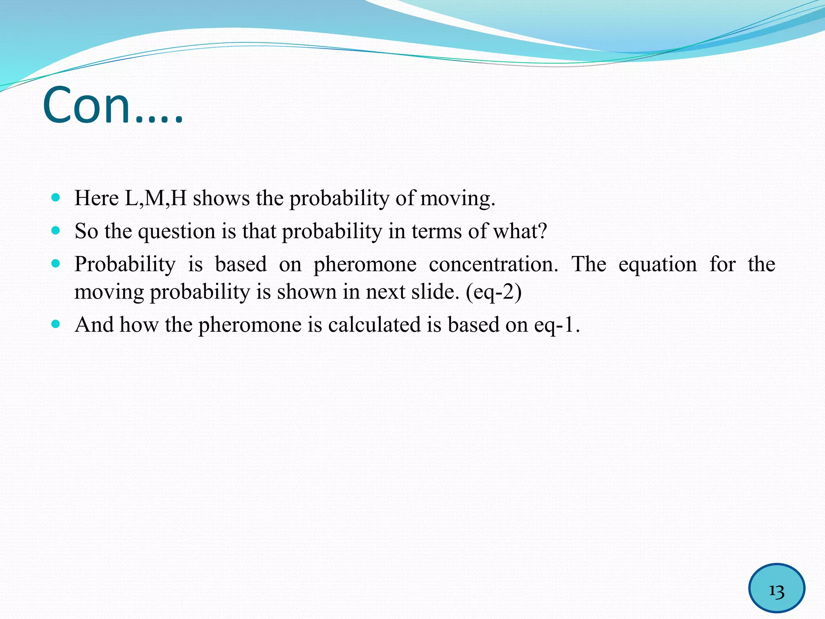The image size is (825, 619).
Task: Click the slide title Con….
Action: (x=113, y=106)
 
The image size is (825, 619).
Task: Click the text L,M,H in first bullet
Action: (x=155, y=198)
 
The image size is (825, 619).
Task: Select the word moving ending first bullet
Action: (x=457, y=198)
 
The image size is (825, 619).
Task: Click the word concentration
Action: (x=493, y=265)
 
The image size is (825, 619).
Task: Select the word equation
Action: (x=657, y=265)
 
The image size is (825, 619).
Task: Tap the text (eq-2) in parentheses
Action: (x=493, y=292)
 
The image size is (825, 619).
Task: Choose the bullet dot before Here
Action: (x=56, y=197)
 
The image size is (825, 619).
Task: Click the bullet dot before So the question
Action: (x=56, y=231)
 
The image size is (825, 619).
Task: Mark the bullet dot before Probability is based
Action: (x=56, y=264)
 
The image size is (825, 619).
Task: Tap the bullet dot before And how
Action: (x=56, y=324)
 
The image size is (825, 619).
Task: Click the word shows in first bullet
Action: (x=221, y=198)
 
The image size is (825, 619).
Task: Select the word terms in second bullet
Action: (x=436, y=232)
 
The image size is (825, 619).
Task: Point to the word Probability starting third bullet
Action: (x=125, y=265)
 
